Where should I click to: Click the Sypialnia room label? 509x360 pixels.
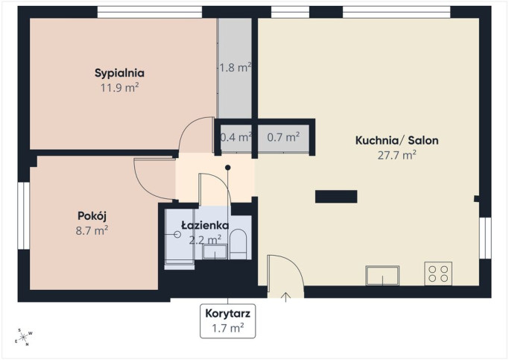119,73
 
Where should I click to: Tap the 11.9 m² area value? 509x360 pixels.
120,88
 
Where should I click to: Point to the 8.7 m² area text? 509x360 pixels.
92,231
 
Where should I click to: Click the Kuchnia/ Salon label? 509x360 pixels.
397,140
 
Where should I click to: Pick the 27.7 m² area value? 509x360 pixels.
397,155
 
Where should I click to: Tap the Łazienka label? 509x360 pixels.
205,225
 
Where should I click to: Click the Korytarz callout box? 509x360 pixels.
227,321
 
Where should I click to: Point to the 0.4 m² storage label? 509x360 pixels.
236,137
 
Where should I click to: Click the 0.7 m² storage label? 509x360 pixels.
283,137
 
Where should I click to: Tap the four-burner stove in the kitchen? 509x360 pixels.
438,274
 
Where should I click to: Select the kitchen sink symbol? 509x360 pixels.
382,275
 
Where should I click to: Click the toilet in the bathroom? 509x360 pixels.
238,244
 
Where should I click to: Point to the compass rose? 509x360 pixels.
24,338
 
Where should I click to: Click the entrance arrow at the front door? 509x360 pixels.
285,297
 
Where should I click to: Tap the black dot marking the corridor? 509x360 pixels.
228,168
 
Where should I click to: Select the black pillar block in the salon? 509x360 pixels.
336,196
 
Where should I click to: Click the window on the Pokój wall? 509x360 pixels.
24,216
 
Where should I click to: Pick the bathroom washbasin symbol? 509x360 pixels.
215,252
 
